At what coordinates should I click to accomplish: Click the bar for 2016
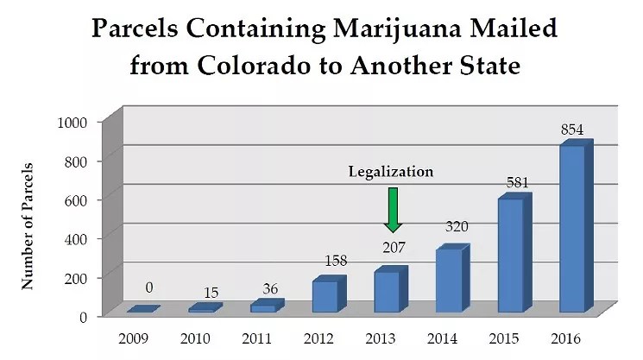(x=571, y=229)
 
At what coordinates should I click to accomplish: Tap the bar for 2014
(x=449, y=281)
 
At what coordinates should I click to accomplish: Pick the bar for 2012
(x=325, y=295)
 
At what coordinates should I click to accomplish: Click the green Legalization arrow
(x=393, y=209)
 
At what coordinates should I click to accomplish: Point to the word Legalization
(x=391, y=172)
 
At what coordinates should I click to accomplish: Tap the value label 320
(x=456, y=228)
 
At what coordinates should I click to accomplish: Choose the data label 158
(x=333, y=260)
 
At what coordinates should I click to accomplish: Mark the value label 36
(x=272, y=287)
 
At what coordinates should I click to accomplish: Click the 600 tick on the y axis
(x=78, y=199)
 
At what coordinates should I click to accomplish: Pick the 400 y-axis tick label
(x=78, y=238)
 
